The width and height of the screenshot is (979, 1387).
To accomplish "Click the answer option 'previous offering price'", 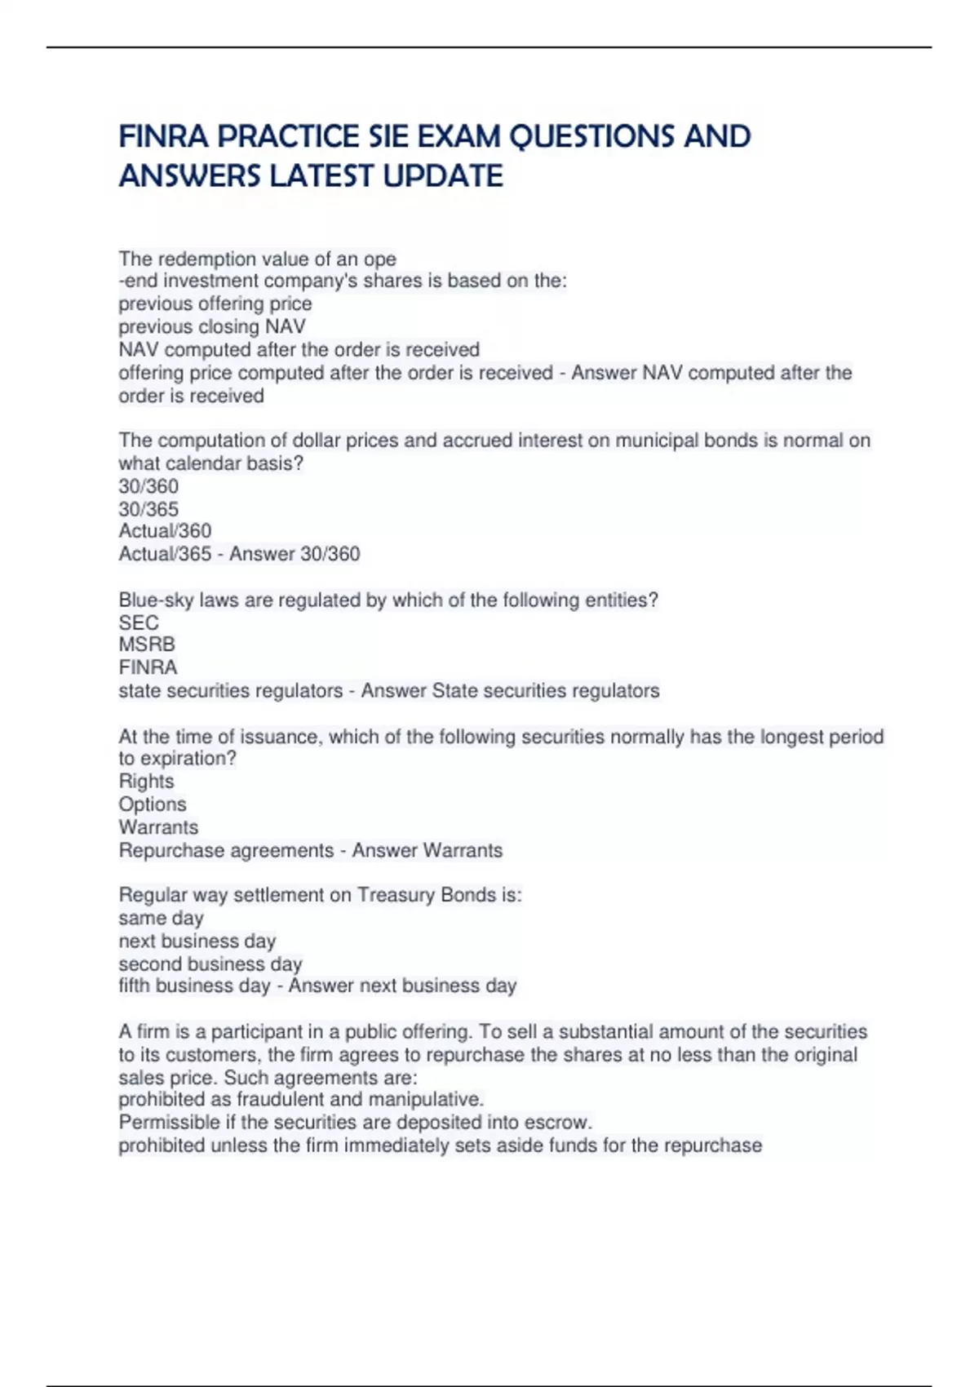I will pyautogui.click(x=215, y=304).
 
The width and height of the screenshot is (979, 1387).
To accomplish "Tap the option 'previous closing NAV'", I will pyautogui.click(x=212, y=326).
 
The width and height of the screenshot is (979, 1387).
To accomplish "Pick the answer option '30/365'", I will pyautogui.click(x=148, y=509).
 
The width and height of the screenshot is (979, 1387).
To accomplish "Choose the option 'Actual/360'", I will pyautogui.click(x=165, y=531).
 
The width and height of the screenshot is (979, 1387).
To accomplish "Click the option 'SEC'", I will pyautogui.click(x=139, y=623).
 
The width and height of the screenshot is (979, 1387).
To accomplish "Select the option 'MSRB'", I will pyautogui.click(x=147, y=645).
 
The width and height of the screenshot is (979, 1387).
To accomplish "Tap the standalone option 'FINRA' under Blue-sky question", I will pyautogui.click(x=148, y=667).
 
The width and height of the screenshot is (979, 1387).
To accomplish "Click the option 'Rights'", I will pyautogui.click(x=146, y=781).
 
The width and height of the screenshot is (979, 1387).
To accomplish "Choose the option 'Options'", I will pyautogui.click(x=153, y=804).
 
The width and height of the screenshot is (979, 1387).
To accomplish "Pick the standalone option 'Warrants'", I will pyautogui.click(x=158, y=826).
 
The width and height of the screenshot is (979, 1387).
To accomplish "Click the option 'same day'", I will pyautogui.click(x=161, y=918).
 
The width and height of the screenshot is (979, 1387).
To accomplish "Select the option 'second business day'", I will pyautogui.click(x=210, y=964).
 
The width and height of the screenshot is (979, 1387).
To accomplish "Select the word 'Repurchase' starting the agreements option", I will pyautogui.click(x=169, y=850).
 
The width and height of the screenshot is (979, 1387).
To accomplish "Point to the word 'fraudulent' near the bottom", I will pyautogui.click(x=284, y=1100).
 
